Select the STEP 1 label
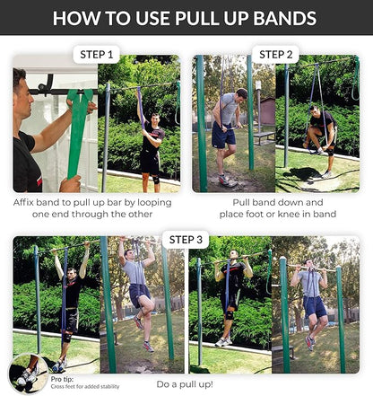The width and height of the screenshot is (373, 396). point(97,55)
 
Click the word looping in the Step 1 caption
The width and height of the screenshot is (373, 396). point(150,203)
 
